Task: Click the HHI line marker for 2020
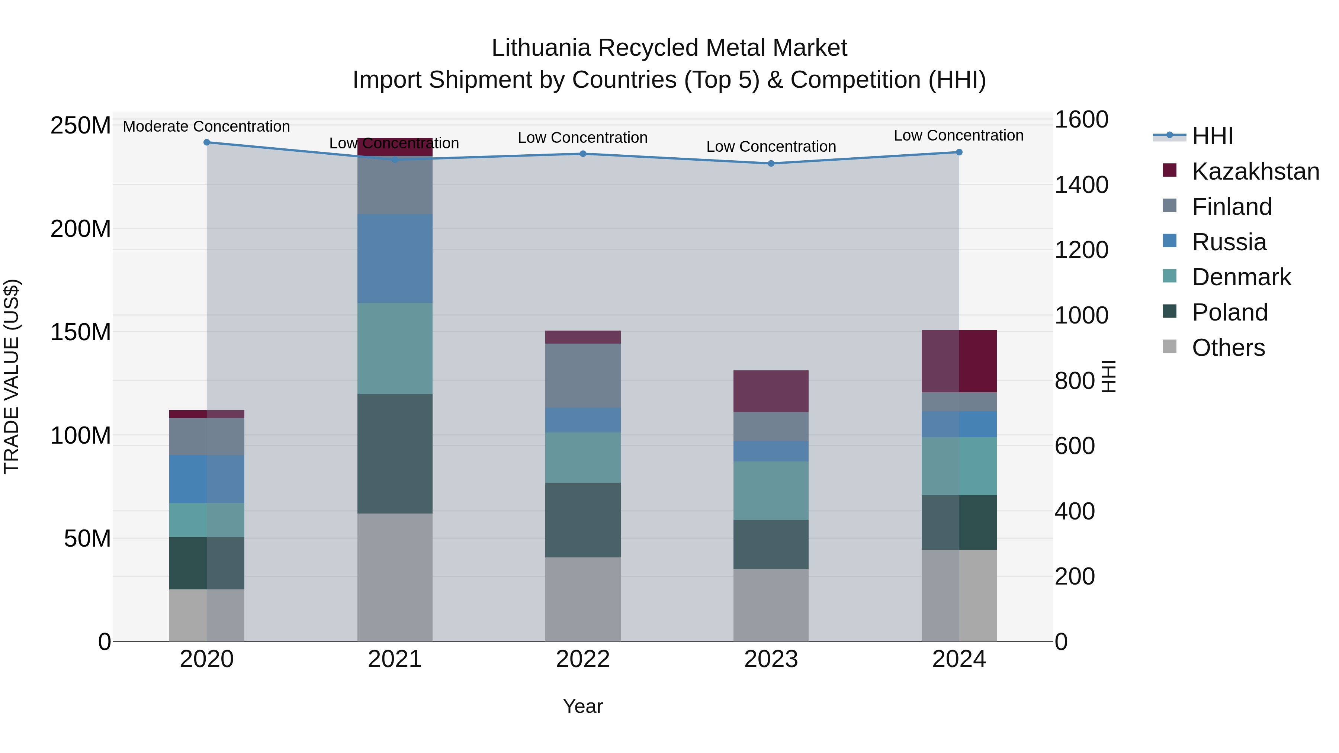coord(207,142)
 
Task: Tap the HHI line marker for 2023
coord(771,163)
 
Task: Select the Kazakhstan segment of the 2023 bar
coord(771,391)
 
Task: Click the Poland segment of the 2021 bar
coord(395,453)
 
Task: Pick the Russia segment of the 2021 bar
coord(395,258)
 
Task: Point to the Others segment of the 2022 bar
coord(583,599)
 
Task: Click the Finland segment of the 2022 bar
coord(583,375)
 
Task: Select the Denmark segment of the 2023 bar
coord(771,490)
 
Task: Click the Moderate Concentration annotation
coord(206,126)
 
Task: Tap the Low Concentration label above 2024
coord(959,135)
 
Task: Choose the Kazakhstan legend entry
coord(1255,171)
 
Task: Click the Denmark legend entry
coord(1241,277)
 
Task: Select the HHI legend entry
coord(1212,136)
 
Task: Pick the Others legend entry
coord(1228,348)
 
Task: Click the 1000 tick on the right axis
coord(1081,315)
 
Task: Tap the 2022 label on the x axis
coord(583,659)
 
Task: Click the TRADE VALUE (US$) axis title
coord(12,376)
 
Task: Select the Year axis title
coord(583,706)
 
